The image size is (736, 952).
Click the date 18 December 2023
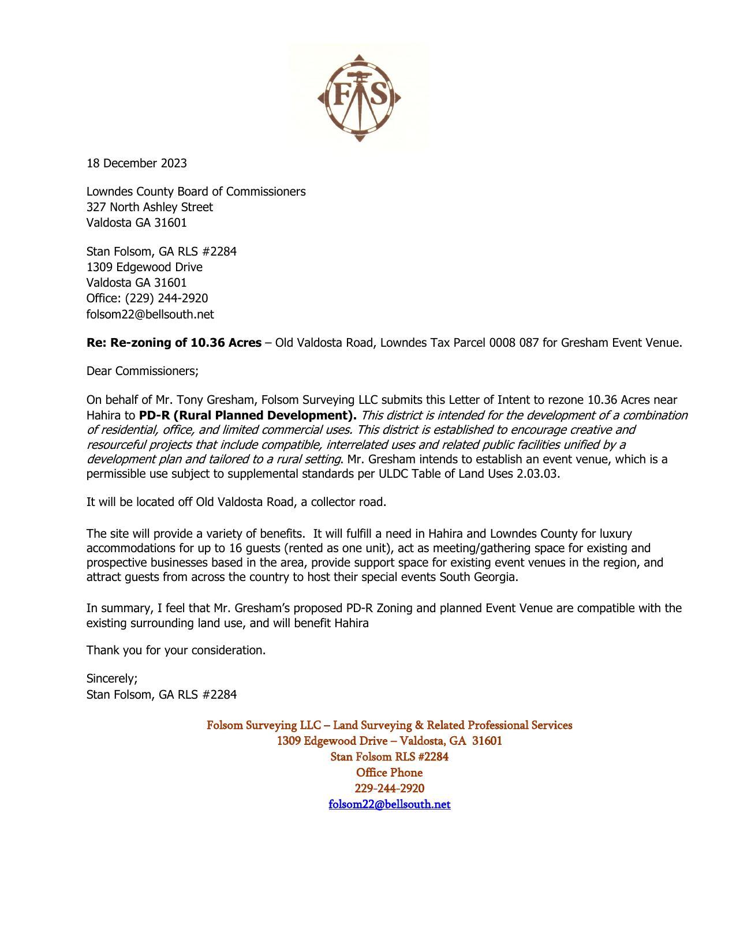(137, 163)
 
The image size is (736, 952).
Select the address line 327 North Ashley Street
(150, 207)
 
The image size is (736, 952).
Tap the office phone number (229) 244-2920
(166, 298)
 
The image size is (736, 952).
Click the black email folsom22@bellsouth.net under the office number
(150, 314)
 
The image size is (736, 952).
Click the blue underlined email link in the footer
(389, 804)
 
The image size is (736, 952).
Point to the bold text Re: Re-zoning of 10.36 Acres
(174, 343)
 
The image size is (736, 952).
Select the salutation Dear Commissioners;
(143, 371)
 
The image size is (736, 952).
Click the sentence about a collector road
(236, 502)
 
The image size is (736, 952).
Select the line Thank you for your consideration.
(176, 650)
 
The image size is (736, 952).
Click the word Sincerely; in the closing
(112, 679)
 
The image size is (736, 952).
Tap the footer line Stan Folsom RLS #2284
(389, 756)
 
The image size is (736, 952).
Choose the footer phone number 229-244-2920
(389, 789)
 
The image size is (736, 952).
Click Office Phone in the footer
(389, 773)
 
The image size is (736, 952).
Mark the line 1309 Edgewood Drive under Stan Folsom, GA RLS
(144, 267)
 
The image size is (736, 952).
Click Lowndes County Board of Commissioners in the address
(196, 192)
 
